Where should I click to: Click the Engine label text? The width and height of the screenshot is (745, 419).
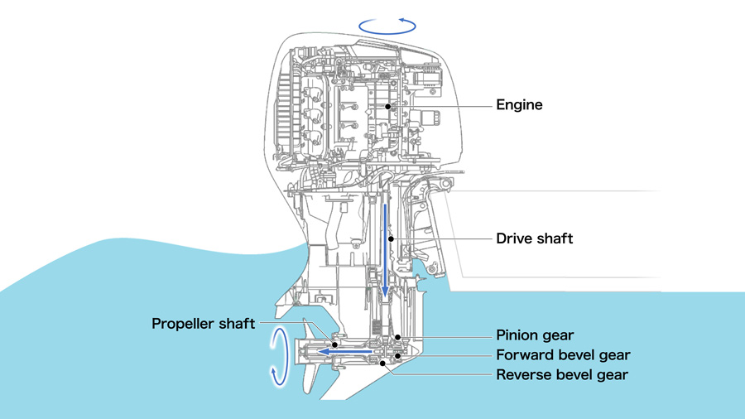(x=519, y=105)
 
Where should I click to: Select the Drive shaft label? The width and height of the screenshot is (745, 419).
(x=534, y=238)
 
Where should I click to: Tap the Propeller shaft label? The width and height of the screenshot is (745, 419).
(x=204, y=323)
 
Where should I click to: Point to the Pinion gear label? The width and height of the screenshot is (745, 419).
(x=535, y=335)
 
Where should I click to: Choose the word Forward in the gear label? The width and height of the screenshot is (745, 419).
(x=524, y=355)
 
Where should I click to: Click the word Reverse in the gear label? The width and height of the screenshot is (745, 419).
(x=523, y=375)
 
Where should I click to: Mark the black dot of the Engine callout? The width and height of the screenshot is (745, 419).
(x=387, y=106)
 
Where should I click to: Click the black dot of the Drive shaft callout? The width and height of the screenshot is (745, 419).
(x=390, y=238)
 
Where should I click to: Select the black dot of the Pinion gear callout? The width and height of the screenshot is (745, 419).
(x=398, y=336)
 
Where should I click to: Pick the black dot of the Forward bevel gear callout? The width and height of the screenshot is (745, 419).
(x=398, y=355)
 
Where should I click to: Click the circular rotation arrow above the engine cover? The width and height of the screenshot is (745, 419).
(x=387, y=26)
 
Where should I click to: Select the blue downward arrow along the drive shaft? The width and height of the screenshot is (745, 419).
(x=386, y=248)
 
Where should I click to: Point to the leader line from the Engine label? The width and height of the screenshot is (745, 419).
(x=439, y=106)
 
